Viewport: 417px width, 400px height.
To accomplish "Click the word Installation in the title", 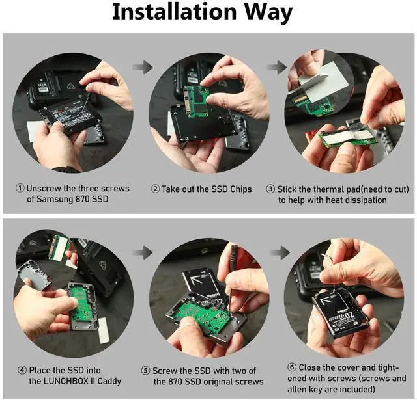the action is (175, 12).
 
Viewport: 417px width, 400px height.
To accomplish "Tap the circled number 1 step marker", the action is (20, 189).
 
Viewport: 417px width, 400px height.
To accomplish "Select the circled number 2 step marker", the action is (155, 189).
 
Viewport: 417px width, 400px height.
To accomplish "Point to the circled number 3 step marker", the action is (270, 189).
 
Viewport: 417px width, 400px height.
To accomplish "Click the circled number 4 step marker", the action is (22, 370).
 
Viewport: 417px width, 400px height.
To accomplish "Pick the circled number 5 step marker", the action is (145, 371).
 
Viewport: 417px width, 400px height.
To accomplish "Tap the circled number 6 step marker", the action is (292, 367).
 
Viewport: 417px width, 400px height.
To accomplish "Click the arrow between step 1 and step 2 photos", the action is (143, 67).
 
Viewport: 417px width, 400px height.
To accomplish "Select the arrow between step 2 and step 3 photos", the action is (277, 67).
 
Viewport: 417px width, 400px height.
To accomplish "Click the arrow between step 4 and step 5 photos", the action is (143, 252).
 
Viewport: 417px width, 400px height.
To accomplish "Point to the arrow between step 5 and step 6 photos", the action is (280, 252).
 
